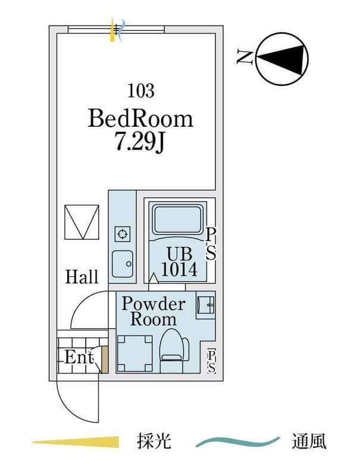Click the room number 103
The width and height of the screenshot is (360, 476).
click(141, 91)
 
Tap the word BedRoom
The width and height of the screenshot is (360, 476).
click(141, 118)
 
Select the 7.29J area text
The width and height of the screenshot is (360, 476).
click(141, 143)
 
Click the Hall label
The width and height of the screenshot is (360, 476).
click(82, 277)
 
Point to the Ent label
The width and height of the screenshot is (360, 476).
click(79, 358)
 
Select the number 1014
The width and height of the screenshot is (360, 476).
click(179, 270)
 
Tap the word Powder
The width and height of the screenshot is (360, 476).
click(154, 304)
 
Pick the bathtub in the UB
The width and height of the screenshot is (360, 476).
click(179, 220)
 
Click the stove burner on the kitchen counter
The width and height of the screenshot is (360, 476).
click(122, 233)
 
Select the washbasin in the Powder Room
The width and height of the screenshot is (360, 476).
click(205, 305)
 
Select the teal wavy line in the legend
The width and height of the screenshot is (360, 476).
click(238, 442)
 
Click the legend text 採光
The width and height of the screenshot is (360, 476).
click(154, 442)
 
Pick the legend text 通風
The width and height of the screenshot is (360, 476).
click(309, 442)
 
